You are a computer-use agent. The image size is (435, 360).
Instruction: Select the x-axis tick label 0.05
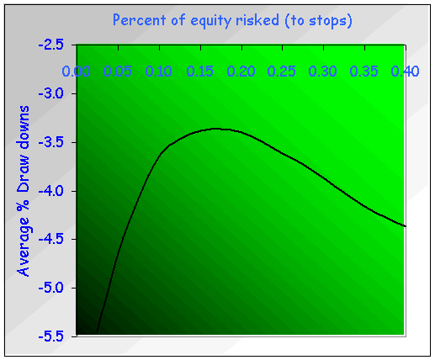point(117,72)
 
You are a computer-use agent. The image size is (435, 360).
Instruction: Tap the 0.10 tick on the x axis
point(158,72)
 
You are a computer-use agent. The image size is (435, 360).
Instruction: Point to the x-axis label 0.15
point(199,72)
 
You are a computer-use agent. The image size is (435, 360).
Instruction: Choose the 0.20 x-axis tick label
point(241,72)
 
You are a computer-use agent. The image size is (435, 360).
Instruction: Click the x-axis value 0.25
point(282,72)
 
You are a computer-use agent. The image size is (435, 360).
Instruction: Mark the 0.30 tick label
point(323,72)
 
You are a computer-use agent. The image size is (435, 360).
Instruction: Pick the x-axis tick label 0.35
point(364,72)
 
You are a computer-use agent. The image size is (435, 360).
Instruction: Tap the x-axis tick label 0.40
point(406,72)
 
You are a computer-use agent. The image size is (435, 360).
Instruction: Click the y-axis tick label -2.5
point(56,45)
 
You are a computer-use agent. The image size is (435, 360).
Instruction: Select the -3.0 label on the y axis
point(56,93)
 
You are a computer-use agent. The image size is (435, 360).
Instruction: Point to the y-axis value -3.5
point(56,142)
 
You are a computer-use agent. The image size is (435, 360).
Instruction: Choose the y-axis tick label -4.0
point(56,191)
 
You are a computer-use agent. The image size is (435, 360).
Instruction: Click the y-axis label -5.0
point(56,288)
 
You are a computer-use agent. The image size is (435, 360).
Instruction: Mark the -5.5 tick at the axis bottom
point(56,336)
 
